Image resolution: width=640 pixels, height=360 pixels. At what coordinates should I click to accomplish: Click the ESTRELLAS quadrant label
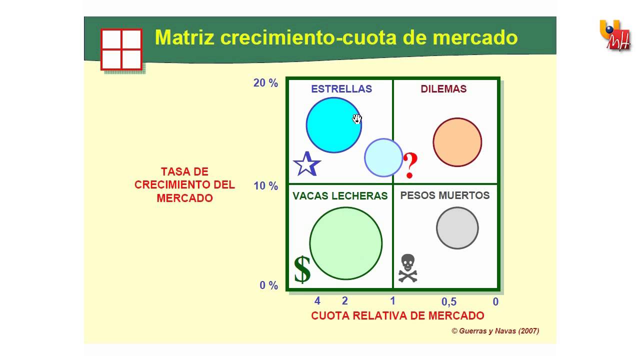[341, 89]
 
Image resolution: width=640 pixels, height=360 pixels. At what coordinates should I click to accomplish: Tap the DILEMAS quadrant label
[443, 89]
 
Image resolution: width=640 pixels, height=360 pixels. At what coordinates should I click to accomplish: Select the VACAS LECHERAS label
[340, 196]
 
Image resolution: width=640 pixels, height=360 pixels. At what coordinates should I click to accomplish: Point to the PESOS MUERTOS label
[445, 195]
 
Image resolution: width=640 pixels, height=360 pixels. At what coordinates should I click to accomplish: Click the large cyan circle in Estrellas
[333, 125]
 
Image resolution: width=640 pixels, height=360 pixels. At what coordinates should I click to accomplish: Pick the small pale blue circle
[383, 157]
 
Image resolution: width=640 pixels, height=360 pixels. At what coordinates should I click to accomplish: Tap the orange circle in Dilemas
[457, 142]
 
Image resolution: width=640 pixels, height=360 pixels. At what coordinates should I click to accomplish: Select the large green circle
[345, 243]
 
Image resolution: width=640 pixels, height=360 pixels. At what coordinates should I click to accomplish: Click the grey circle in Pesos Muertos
[457, 228]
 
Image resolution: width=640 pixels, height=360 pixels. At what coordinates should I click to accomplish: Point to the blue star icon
[306, 164]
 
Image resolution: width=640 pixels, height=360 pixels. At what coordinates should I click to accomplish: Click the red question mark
[410, 165]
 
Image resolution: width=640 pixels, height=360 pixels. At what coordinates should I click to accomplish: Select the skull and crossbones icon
[407, 268]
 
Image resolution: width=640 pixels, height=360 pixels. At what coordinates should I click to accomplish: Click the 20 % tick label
[265, 83]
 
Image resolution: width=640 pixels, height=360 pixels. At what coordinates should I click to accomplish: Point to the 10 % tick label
[265, 186]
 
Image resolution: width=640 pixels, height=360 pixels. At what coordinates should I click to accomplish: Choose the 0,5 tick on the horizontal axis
[449, 302]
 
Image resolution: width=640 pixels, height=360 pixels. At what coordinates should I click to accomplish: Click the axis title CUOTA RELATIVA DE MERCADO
[397, 315]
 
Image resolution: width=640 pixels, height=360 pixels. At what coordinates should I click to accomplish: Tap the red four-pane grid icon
[121, 49]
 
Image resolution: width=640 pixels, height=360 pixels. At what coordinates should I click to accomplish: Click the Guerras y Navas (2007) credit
[495, 331]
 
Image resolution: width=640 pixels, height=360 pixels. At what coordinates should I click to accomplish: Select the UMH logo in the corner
[614, 35]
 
